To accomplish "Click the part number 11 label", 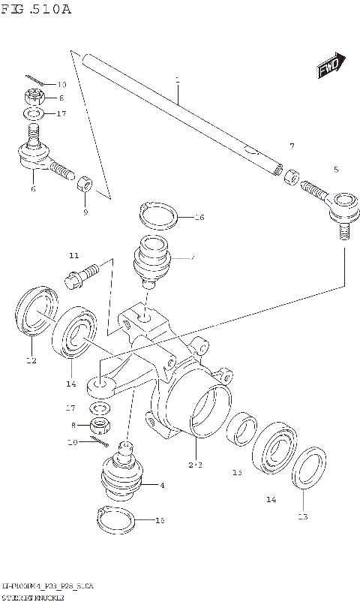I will pos(74,256).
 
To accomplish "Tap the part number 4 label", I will pos(162,486).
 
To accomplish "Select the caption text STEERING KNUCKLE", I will pos(34,594).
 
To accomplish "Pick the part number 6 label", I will pos(33,190).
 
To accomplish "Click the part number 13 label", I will pos(302,516).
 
